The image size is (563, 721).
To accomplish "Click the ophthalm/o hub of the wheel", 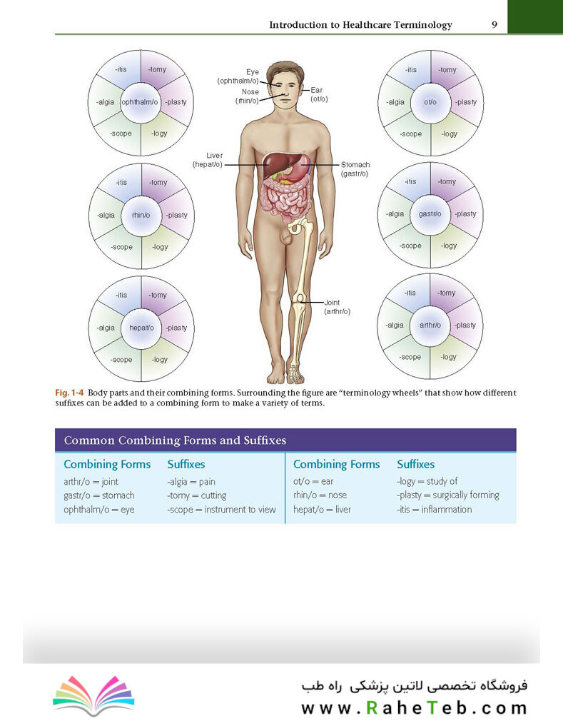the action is pos(141,103).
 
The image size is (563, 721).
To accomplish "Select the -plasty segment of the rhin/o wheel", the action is pos(177,215).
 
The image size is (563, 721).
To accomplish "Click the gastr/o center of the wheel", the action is pos(430,214).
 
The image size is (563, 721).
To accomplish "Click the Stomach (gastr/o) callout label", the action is pos(355,169).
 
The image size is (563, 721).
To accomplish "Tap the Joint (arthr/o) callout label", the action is pos(337,307).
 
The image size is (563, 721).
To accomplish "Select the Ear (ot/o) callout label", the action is pos(319,95).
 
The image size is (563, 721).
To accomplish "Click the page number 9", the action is pos(494,25).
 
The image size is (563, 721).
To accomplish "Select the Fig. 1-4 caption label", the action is pos(69,393).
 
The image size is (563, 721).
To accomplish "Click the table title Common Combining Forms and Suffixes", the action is pos(175,440).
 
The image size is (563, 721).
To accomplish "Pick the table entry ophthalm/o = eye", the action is pos(98,510).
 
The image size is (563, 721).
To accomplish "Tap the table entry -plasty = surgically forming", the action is pos(448,495).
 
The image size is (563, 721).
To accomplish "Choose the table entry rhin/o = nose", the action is pos(320,495).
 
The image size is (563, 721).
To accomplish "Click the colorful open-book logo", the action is pos(93,695).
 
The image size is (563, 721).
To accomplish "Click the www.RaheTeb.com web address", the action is pos(414,707).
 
